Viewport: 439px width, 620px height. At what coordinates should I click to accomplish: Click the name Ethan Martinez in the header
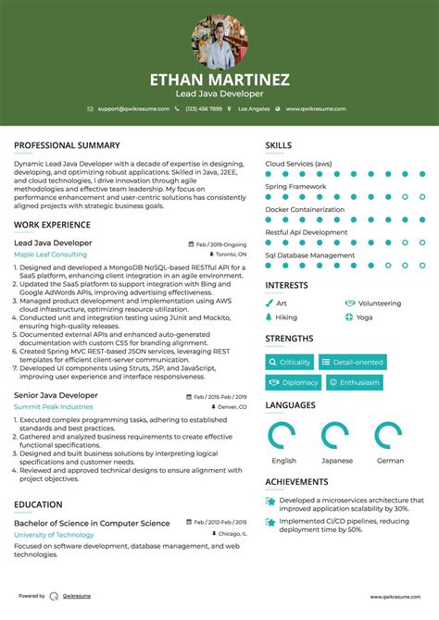click(x=219, y=80)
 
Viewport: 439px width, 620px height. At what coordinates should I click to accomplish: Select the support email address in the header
click(x=133, y=109)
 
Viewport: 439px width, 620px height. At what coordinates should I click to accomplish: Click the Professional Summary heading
click(x=67, y=145)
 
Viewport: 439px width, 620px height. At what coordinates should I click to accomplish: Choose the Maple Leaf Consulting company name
click(x=50, y=254)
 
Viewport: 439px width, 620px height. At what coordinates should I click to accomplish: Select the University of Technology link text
click(x=54, y=535)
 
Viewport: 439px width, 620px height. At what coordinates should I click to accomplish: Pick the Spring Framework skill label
click(x=295, y=186)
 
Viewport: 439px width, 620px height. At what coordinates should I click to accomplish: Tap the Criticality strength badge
click(x=290, y=363)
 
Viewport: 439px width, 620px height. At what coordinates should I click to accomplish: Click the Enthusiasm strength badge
click(x=353, y=382)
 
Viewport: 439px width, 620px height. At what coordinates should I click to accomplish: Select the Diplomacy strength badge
click(x=293, y=382)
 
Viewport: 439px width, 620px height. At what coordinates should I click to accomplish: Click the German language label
click(x=390, y=460)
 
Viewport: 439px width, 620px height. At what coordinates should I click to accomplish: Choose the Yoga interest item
click(x=364, y=316)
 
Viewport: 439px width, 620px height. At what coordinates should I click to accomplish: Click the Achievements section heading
click(x=296, y=482)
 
